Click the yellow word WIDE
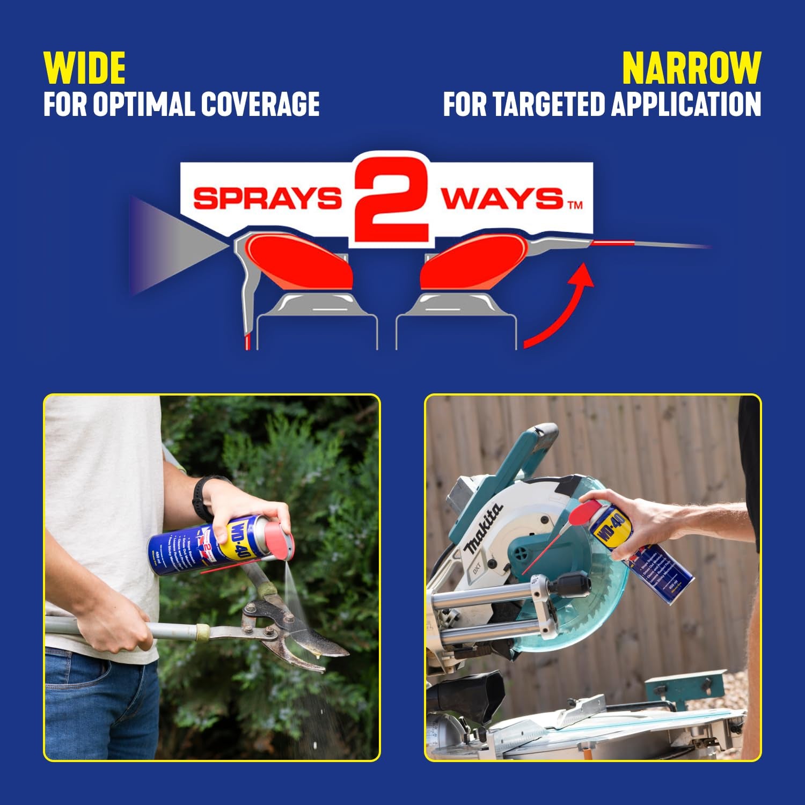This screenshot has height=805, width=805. pyautogui.click(x=84, y=68)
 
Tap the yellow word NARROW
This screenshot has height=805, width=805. pyautogui.click(x=691, y=68)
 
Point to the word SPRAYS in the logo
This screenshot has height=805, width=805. pyautogui.click(x=267, y=199)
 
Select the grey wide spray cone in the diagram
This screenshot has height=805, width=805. pyautogui.click(x=172, y=246)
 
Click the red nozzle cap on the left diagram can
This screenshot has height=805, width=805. pyautogui.click(x=298, y=261)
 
